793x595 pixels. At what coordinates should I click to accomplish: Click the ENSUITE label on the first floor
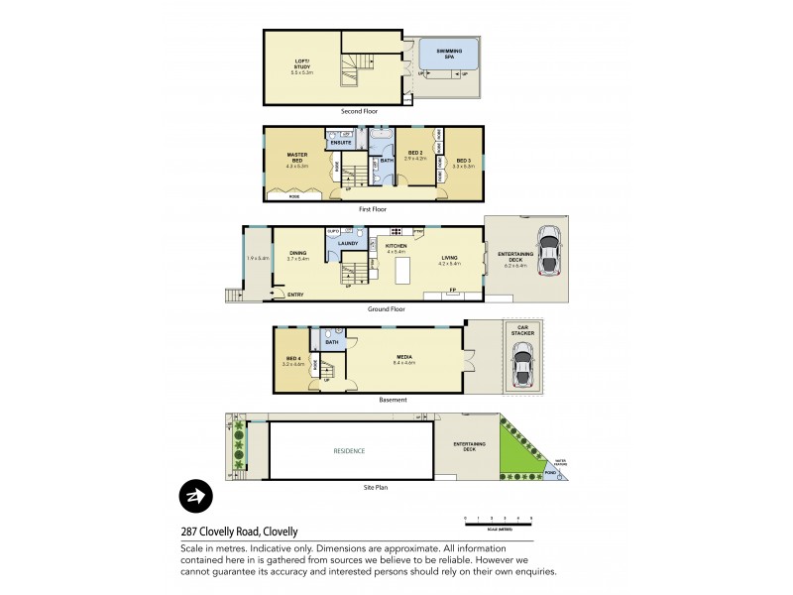point(341,142)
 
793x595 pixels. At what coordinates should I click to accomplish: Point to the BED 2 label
point(416,155)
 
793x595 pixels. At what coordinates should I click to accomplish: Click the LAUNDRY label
point(348,243)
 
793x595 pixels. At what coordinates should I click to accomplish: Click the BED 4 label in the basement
point(292,360)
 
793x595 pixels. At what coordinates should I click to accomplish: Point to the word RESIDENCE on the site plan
point(349,451)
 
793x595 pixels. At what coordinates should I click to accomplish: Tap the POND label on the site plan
point(550,473)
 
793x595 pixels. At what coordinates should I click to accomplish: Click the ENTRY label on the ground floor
point(295,294)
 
